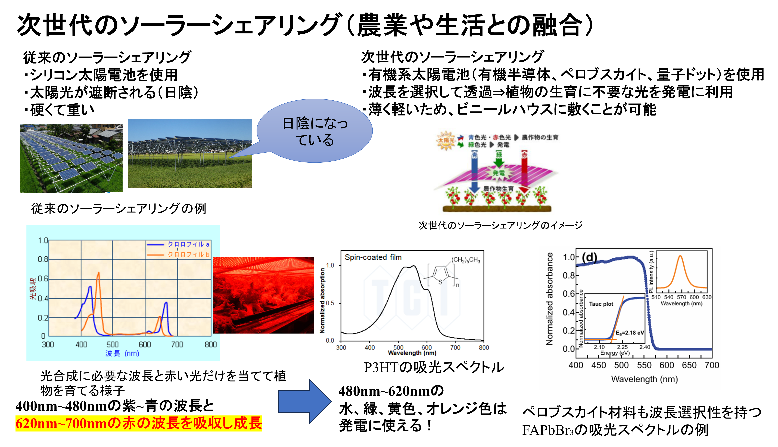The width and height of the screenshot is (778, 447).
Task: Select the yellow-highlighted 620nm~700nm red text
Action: (x=139, y=423)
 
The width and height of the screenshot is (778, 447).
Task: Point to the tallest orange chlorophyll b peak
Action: (x=98, y=273)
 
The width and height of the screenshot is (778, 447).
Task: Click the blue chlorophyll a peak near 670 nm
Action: (x=166, y=303)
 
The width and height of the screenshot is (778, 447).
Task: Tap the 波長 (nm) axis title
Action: (x=122, y=353)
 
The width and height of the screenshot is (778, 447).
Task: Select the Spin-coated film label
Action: (x=373, y=257)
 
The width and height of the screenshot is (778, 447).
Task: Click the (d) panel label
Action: (x=589, y=257)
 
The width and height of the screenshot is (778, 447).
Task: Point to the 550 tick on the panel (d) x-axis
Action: (x=644, y=365)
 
